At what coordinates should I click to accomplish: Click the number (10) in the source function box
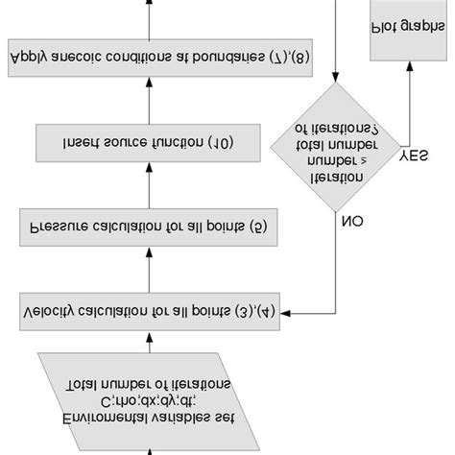[77, 143]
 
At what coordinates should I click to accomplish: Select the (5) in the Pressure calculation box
[45, 228]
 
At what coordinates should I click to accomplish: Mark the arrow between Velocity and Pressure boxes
[149, 271]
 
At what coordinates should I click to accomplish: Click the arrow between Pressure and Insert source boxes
[149, 186]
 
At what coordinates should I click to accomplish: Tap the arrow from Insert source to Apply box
[149, 101]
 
